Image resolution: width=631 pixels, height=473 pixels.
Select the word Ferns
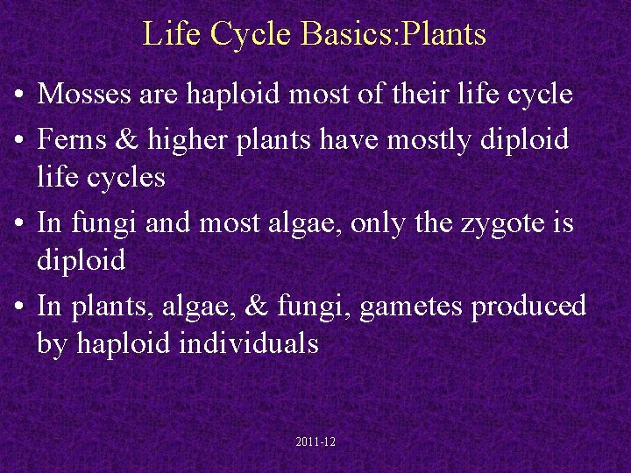[x=73, y=138]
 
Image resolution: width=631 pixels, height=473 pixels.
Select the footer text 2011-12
[x=315, y=442]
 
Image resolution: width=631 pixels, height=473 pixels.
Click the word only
[x=385, y=222]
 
